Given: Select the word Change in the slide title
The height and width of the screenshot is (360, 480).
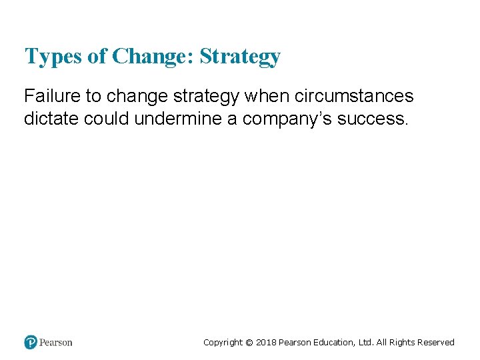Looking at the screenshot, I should pos(152,57).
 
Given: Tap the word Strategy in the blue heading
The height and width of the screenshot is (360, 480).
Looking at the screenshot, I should pos(240,57).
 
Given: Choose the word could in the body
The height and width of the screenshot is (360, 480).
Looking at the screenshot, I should pos(107,119).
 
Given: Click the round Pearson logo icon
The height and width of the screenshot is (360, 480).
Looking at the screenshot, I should pos(31,342).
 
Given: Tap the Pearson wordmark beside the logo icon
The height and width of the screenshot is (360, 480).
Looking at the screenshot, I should pos(55,343).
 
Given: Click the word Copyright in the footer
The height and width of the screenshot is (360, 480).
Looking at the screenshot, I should pos(223,343).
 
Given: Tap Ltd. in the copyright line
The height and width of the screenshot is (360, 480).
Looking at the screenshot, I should pos(365,343).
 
